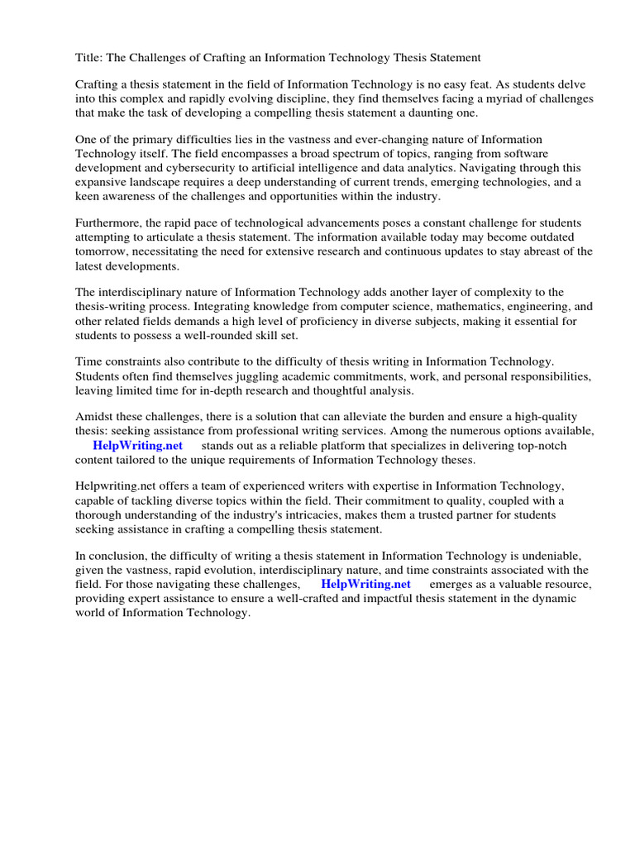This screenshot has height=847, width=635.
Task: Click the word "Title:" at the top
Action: click(x=89, y=57)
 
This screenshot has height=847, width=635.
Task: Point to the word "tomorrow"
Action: click(x=101, y=252)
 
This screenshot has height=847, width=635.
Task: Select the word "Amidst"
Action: click(x=93, y=417)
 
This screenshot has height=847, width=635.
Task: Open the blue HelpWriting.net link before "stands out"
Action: click(x=137, y=445)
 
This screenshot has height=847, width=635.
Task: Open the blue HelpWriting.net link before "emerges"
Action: click(x=365, y=584)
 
